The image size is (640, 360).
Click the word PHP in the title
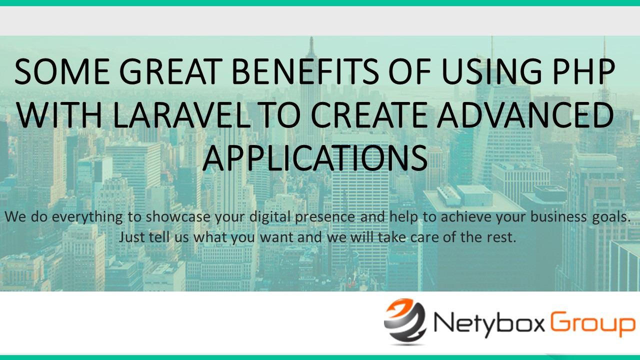tap(583, 71)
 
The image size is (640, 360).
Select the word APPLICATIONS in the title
tap(315, 158)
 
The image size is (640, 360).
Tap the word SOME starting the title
tap(62, 71)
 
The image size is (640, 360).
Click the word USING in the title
tap(491, 71)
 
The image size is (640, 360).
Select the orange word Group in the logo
tap(593, 325)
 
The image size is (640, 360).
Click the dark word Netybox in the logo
tap(489, 325)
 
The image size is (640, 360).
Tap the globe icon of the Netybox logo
tap(405, 321)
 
